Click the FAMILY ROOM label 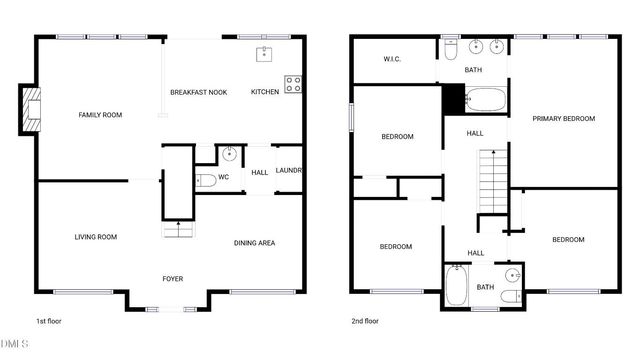point(100,115)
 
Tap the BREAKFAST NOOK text point(198,92)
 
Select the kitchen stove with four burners point(294,84)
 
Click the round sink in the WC point(230,153)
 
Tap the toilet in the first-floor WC point(205,181)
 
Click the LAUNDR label point(289,171)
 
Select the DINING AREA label point(255,243)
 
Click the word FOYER point(173,278)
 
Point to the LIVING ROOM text point(96,237)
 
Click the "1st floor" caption point(50,322)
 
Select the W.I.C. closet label point(392,59)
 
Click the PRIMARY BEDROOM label point(563,118)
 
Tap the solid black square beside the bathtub point(453,99)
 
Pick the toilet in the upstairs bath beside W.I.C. point(450,47)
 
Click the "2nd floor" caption point(365,322)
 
